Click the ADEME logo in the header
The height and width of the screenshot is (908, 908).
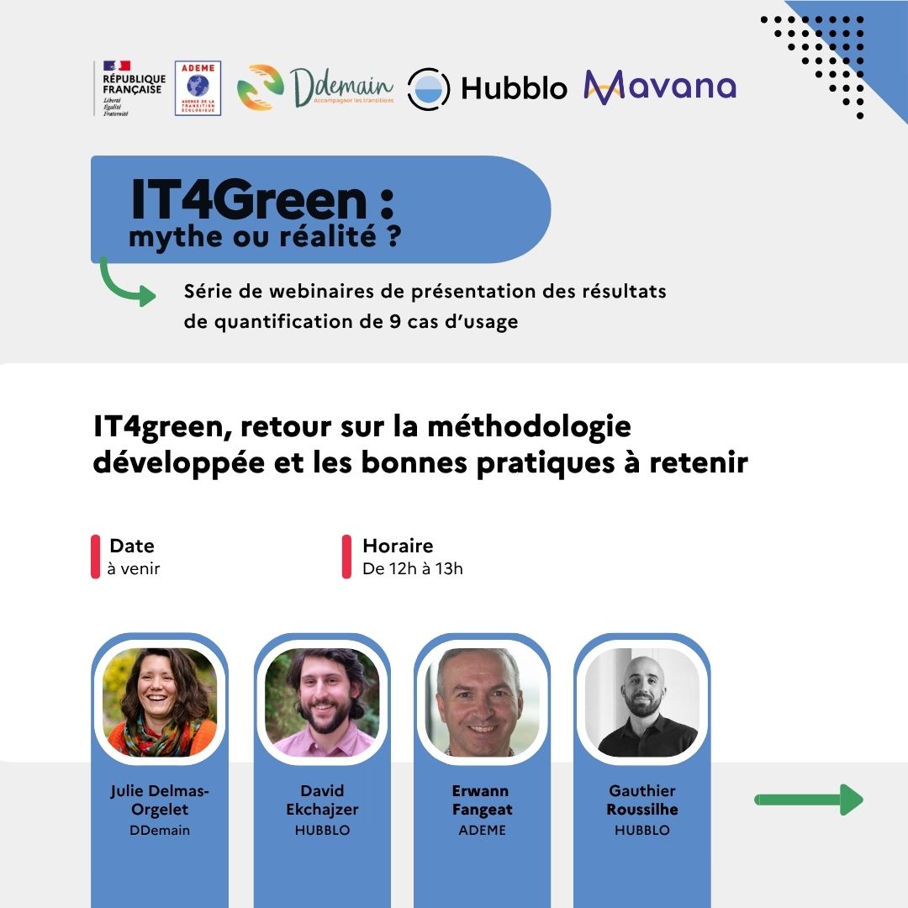click(198, 88)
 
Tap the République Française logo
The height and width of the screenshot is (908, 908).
click(130, 88)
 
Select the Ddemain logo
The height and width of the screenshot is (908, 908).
click(315, 87)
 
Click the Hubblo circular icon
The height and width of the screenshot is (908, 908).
click(429, 88)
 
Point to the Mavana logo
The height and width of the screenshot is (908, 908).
click(660, 87)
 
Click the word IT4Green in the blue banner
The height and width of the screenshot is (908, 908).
click(249, 200)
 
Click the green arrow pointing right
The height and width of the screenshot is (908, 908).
click(809, 800)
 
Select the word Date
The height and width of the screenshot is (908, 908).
click(132, 546)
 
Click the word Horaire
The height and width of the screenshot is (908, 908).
click(398, 546)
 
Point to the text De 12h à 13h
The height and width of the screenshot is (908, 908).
click(413, 568)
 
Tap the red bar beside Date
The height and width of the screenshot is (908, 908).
click(96, 557)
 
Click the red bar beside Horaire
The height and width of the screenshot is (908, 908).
click(347, 557)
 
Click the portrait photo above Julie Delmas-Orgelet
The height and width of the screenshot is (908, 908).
click(160, 702)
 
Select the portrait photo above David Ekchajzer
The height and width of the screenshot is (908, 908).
click(322, 702)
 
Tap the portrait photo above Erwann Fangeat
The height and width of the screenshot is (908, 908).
click(483, 702)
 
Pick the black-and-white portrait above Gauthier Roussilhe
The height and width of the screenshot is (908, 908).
click(642, 702)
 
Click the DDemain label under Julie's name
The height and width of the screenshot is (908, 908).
click(160, 830)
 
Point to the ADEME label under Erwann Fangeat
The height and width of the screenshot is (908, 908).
click(483, 830)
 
